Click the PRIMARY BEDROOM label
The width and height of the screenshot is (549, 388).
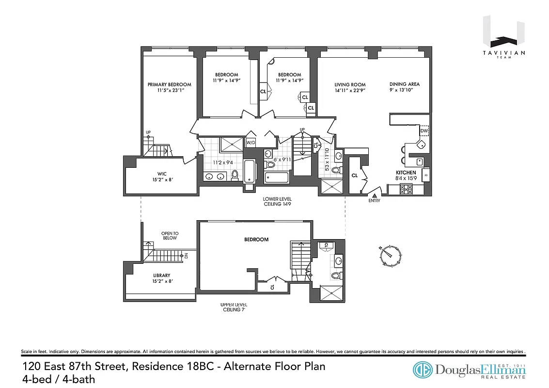pos(169,84)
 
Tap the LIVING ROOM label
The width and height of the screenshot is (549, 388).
pos(349,84)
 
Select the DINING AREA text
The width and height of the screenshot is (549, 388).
pos(404,84)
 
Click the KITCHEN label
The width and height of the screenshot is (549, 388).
pos(406,172)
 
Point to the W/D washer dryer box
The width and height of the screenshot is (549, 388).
pos(251,143)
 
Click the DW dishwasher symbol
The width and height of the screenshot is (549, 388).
pos(424,131)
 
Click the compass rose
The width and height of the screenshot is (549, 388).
pos(391,256)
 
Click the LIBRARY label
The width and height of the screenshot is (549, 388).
pos(161,275)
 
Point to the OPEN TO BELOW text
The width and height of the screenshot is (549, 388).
pos(169,235)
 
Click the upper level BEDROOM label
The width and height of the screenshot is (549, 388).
pos(256,240)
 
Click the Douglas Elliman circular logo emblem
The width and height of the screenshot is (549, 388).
pos(423,370)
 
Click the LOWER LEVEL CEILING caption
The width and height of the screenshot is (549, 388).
pos(277,202)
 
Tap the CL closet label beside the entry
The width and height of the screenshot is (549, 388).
pos(354,176)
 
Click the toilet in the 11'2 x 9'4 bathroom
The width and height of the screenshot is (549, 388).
pos(235,175)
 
